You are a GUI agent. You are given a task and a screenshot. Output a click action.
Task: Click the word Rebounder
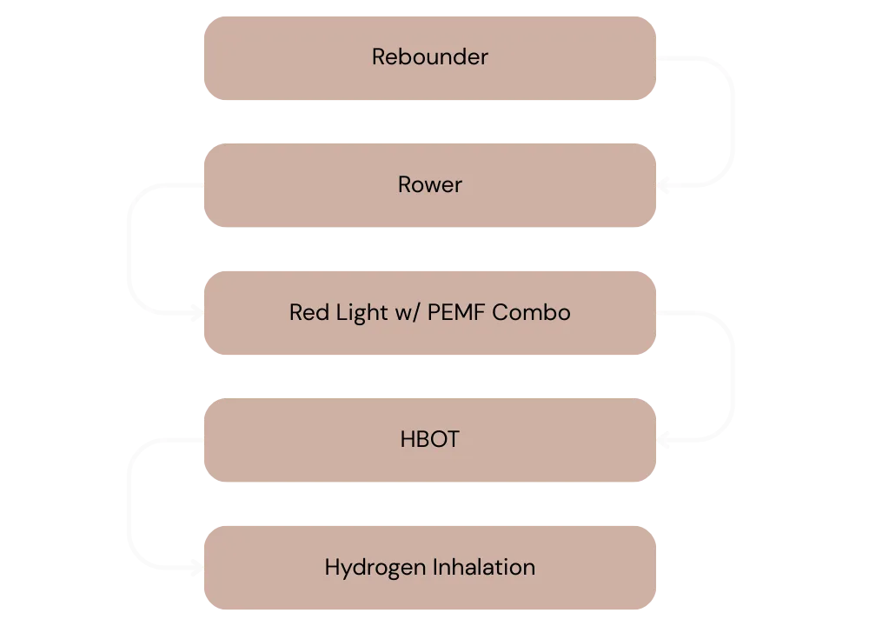click(430, 57)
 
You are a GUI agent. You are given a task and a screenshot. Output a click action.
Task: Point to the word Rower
click(430, 185)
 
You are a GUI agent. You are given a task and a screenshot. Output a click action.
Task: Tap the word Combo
click(532, 312)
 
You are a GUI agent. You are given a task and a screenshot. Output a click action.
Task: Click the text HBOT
click(430, 440)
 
